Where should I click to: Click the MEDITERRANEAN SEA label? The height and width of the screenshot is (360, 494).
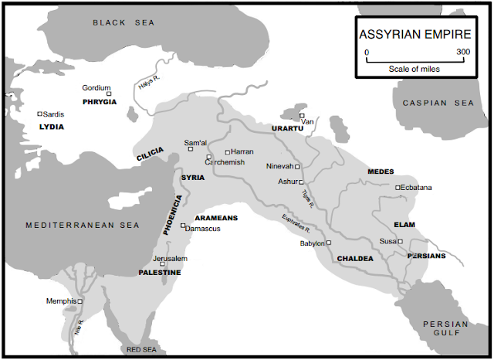coord(82,225)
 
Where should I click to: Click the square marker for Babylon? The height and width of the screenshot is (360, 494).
coord(328,243)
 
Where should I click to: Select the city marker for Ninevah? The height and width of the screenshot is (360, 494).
coord(297,166)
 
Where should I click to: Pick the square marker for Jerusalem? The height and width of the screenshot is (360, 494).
coord(162,264)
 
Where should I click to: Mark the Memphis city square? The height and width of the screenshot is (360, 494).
coord(80,301)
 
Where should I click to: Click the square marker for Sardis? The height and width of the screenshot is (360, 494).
coord(39,114)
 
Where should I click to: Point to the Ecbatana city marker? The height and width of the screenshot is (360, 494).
coord(398,188)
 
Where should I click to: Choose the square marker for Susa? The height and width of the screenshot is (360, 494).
coord(400,242)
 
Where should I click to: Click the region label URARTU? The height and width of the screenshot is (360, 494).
coord(287,128)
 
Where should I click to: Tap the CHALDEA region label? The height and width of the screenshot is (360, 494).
coord(355,258)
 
